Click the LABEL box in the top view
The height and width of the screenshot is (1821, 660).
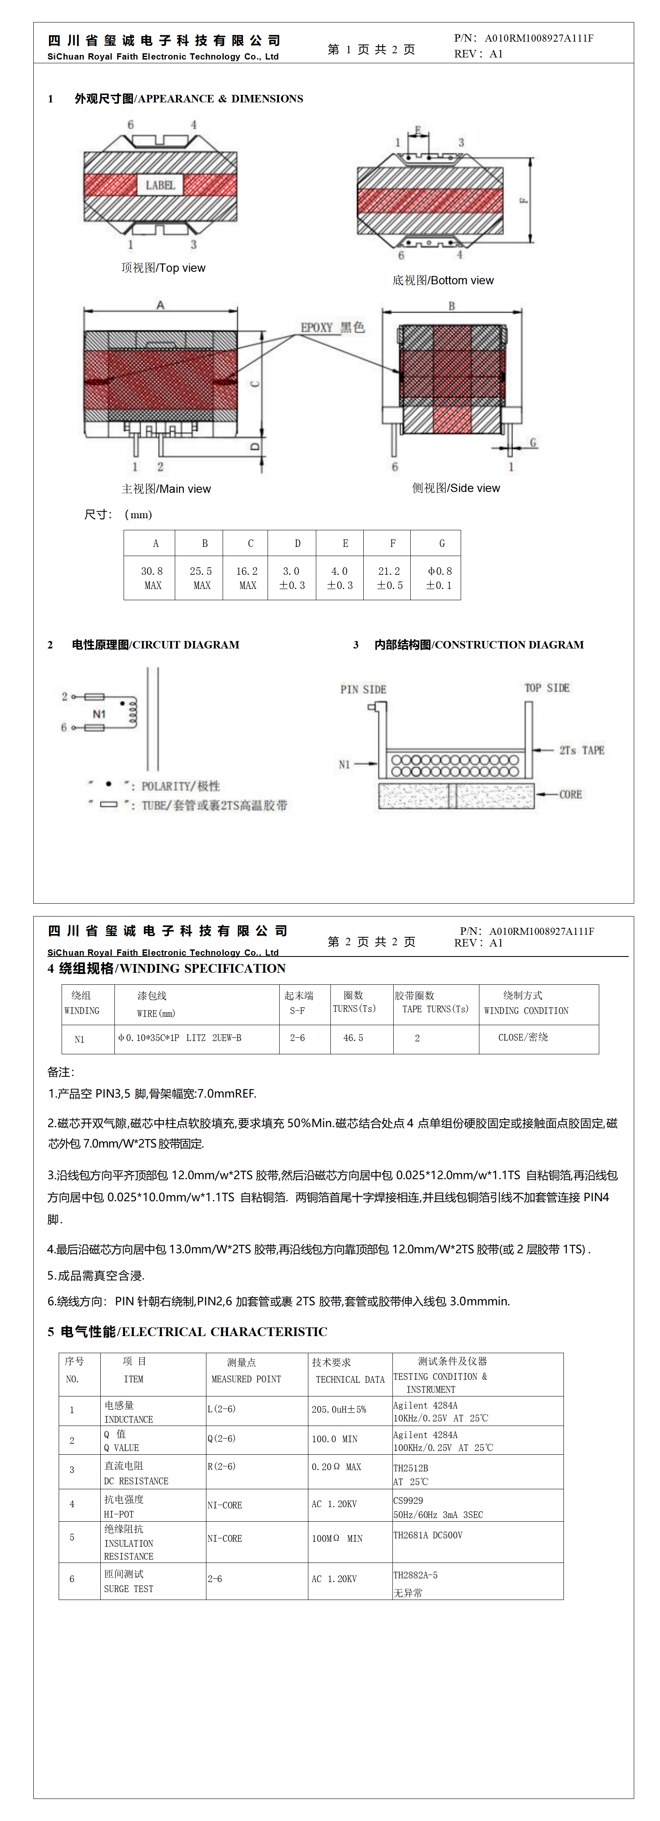160,185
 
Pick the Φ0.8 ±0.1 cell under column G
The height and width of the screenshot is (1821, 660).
439,578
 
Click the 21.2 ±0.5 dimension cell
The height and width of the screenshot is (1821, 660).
390,578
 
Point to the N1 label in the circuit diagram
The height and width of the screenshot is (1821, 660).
99,714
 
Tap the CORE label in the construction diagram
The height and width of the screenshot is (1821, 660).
570,795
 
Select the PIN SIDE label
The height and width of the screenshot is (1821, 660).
363,689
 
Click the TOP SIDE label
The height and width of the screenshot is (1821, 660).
546,688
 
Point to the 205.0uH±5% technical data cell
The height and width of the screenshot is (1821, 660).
339,1409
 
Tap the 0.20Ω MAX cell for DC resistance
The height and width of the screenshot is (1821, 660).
336,1467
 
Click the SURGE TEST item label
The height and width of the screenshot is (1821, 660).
129,1588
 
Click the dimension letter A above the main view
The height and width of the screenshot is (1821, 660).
160,306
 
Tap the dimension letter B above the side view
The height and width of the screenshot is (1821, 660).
452,306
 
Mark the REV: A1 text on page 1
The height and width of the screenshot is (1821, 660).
479,54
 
